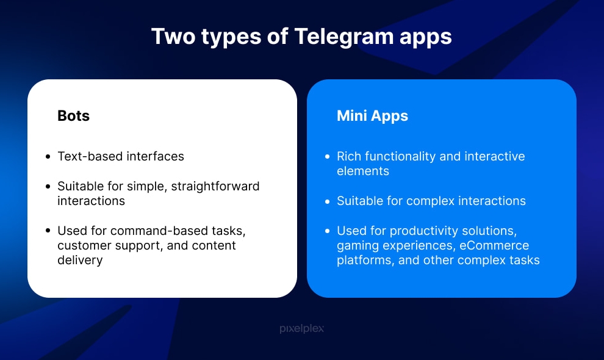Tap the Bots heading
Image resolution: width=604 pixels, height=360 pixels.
click(73, 116)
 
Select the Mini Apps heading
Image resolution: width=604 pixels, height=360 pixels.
click(372, 116)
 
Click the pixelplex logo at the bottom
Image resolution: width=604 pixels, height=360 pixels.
click(301, 329)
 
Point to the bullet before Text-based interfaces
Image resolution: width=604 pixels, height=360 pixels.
click(48, 157)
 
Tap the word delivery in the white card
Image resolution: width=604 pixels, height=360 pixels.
click(80, 261)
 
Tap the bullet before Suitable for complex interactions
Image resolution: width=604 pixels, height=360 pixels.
click(328, 201)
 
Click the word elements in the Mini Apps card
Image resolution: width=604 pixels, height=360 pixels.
click(363, 171)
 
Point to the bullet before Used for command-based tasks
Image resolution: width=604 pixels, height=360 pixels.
click(48, 231)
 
